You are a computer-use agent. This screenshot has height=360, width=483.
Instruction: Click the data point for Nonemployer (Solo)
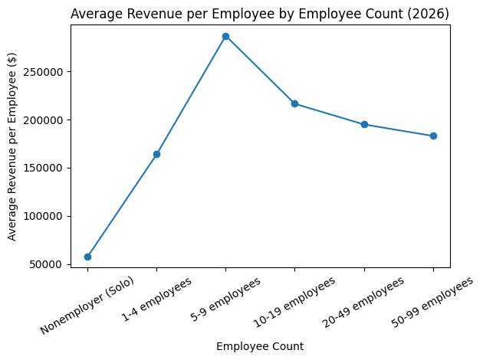pyautogui.click(x=87, y=257)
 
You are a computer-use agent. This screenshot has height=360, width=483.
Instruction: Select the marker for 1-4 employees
pyautogui.click(x=156, y=154)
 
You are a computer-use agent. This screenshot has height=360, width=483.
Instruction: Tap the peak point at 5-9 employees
pyautogui.click(x=225, y=36)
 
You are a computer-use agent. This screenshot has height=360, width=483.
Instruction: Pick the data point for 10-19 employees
pyautogui.click(x=294, y=103)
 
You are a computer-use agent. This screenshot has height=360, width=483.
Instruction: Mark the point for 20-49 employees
pyautogui.click(x=364, y=124)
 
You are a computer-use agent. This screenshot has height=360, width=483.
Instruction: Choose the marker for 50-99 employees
pyautogui.click(x=433, y=136)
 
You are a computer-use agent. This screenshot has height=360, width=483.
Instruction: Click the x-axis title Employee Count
pyautogui.click(x=260, y=346)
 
